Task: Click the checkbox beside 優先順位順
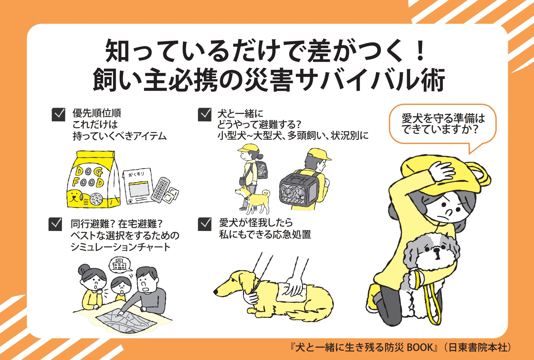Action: point(59,115)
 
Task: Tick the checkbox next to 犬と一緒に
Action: point(205,115)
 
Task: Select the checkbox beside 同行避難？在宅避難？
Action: point(55,224)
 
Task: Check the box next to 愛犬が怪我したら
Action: point(205,224)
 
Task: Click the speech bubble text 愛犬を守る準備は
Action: point(443,118)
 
